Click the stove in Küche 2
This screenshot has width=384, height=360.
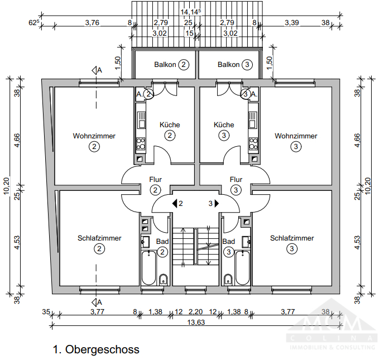pos(141,144)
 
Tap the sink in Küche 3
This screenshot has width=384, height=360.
pos(253,120)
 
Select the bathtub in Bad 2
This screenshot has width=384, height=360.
pos(148,268)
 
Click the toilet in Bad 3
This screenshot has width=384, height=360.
pos(228,280)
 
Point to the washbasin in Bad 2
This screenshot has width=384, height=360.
pos(146,242)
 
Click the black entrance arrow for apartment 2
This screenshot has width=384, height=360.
pos(175,204)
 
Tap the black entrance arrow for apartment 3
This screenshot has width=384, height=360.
pos(217,204)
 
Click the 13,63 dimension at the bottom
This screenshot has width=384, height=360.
pos(196,322)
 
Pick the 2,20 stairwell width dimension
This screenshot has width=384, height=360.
pos(195,312)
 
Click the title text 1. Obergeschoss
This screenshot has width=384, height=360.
pos(96,349)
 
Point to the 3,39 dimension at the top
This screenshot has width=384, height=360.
pos(292,23)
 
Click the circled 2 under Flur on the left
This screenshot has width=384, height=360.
pos(155,190)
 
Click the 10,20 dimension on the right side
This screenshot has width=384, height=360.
pos(368,186)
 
